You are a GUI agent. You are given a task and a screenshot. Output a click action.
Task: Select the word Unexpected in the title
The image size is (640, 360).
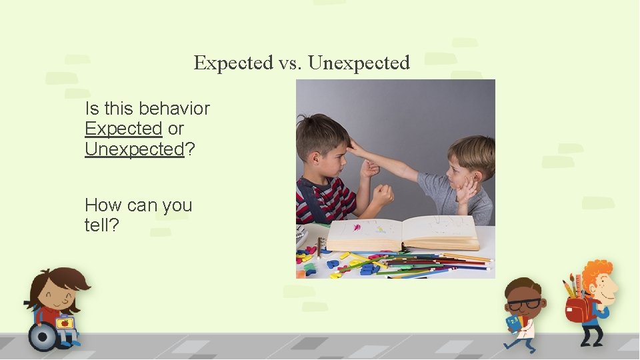pos(359,63)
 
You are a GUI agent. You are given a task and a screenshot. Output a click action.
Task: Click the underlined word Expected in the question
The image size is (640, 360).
pos(123,129)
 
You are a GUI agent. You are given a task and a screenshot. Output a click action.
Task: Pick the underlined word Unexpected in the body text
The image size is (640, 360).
pos(134,149)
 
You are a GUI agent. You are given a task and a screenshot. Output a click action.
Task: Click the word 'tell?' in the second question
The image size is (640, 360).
pos(101,225)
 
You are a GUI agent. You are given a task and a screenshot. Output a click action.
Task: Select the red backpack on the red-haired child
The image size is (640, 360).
pos(577,310)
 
